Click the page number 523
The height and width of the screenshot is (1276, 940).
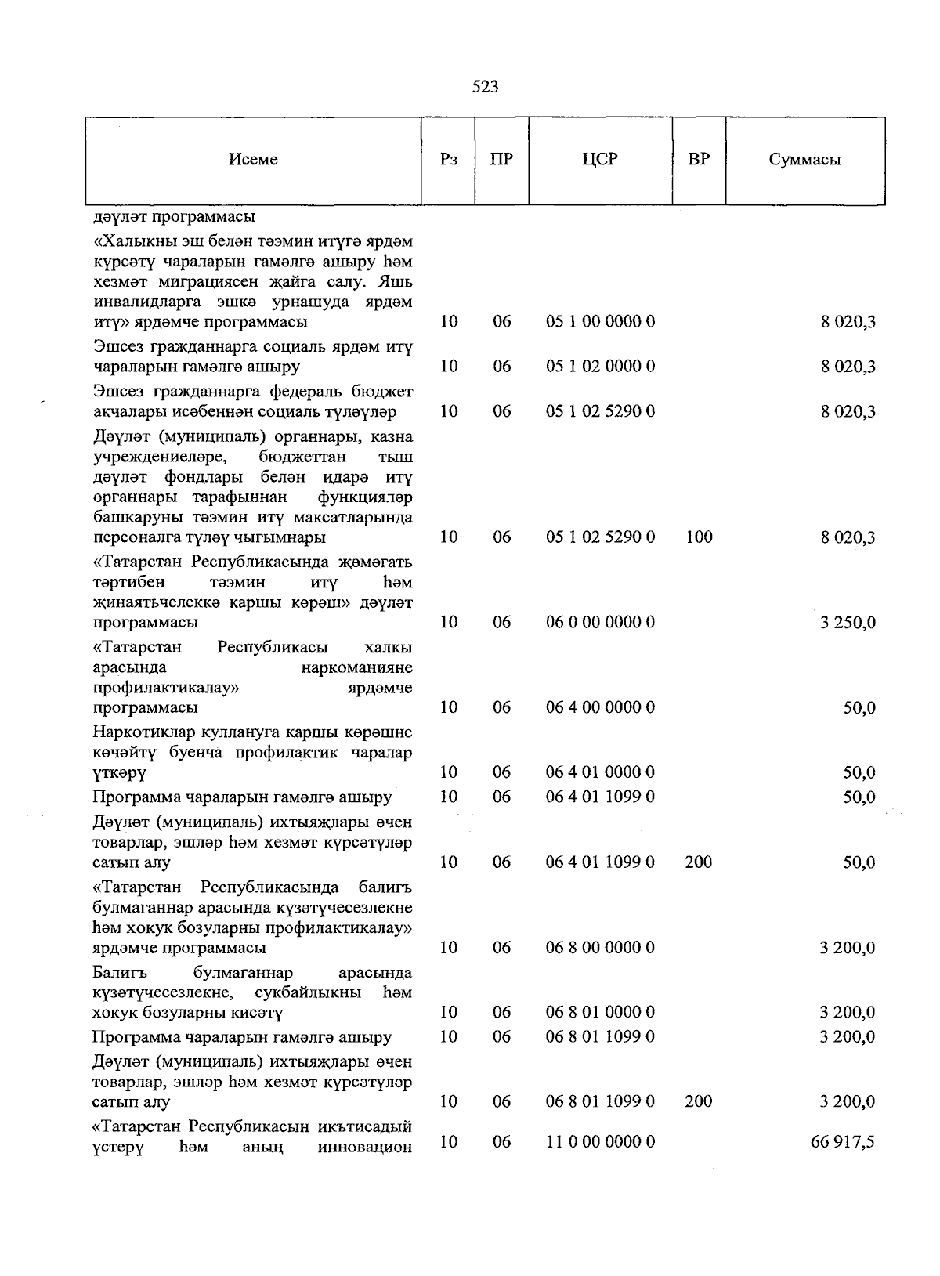(485, 87)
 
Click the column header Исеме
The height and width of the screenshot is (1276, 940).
(253, 160)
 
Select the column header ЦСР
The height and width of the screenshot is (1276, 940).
(600, 160)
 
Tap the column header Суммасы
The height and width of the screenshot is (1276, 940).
(804, 160)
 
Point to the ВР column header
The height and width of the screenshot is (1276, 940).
(699, 160)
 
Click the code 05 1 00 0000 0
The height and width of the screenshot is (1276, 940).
(600, 321)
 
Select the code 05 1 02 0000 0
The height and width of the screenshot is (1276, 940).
(600, 366)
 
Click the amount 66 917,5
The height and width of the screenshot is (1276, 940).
(843, 1143)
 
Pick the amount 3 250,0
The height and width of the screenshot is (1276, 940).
(848, 623)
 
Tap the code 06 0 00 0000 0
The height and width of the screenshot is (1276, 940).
(600, 622)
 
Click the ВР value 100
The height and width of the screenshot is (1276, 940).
(698, 537)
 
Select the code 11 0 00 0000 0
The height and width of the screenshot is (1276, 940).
(600, 1142)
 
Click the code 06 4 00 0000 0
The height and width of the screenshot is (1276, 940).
(600, 707)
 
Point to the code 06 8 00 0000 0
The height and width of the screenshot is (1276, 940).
(600, 948)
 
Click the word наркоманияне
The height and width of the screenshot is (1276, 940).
(357, 667)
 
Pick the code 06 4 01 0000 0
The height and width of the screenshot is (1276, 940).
(600, 772)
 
